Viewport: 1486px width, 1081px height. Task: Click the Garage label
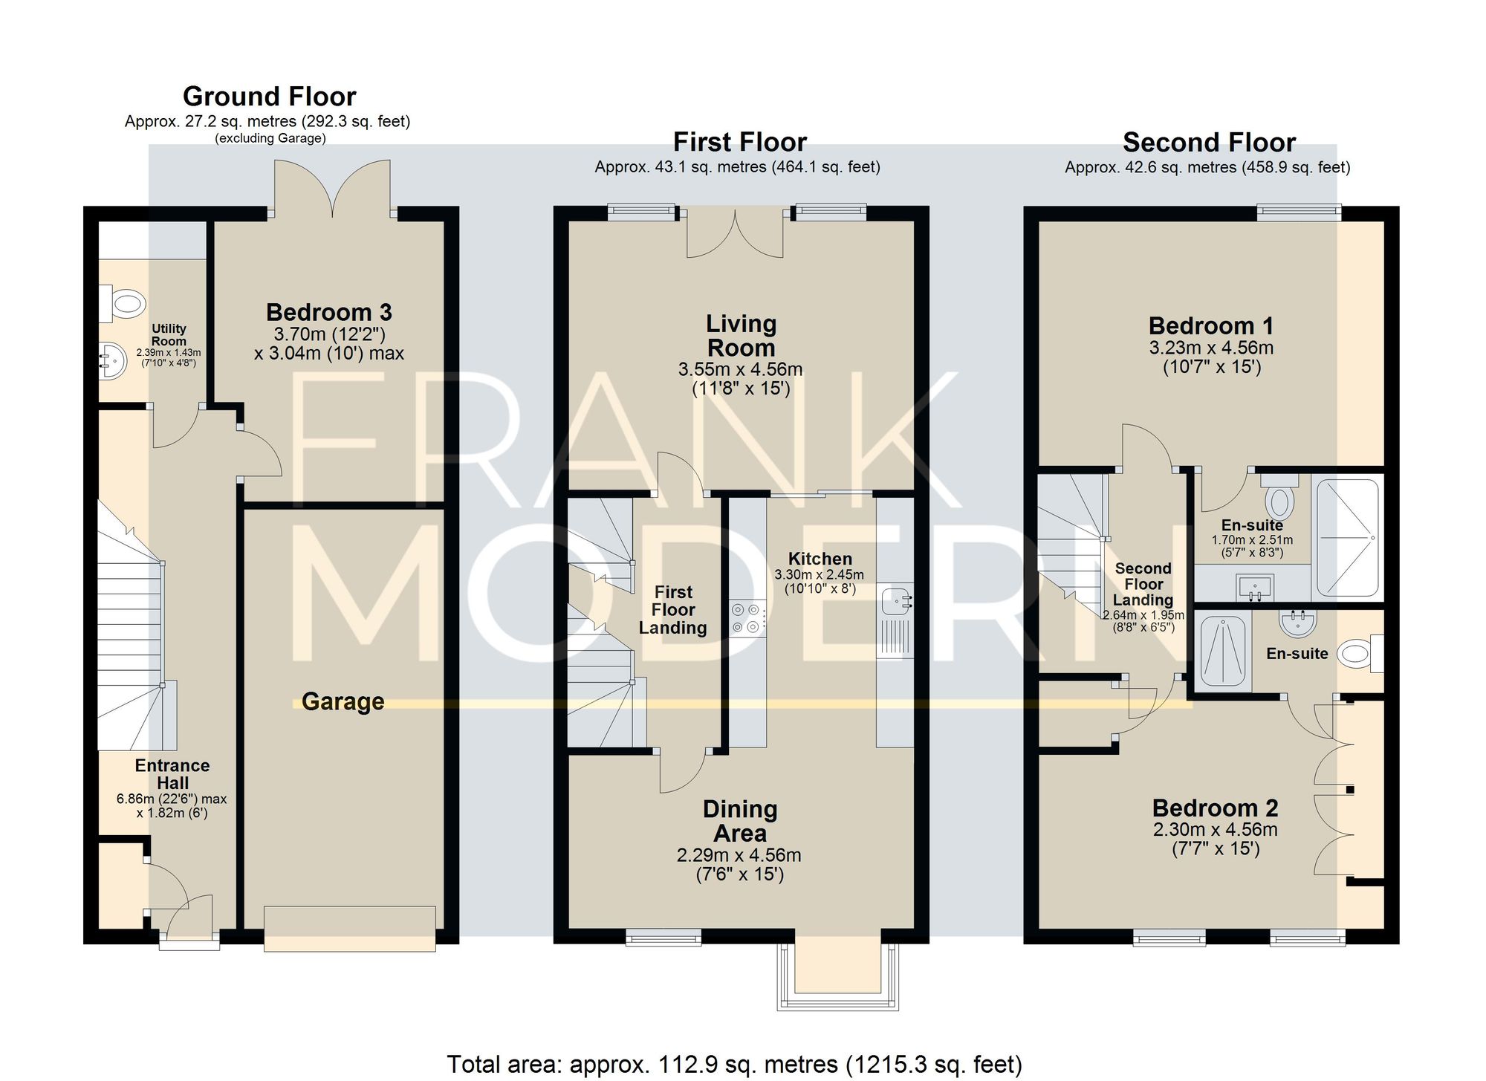tap(343, 701)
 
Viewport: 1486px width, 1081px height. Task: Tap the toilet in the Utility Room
tap(121, 304)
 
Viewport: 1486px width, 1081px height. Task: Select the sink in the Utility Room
tap(113, 360)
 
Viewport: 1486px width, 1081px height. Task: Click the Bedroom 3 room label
tap(329, 312)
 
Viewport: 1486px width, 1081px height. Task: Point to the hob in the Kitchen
tap(748, 618)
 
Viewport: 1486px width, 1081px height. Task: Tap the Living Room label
tap(742, 336)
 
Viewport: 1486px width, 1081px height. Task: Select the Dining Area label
tap(740, 821)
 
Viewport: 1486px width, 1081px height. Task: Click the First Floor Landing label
tap(673, 610)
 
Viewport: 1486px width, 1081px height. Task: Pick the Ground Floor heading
tap(270, 97)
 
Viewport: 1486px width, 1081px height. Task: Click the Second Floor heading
tap(1209, 142)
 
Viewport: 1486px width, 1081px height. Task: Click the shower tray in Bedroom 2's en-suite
tap(1222, 650)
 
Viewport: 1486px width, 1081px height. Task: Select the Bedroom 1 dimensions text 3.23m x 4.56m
tap(1212, 348)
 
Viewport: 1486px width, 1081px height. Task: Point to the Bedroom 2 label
tap(1216, 808)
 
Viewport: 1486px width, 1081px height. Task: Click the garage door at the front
tap(350, 928)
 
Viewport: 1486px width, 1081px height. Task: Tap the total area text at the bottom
tap(734, 1065)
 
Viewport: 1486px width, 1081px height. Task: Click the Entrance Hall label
tap(172, 774)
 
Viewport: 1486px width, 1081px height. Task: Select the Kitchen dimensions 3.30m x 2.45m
tap(820, 575)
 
